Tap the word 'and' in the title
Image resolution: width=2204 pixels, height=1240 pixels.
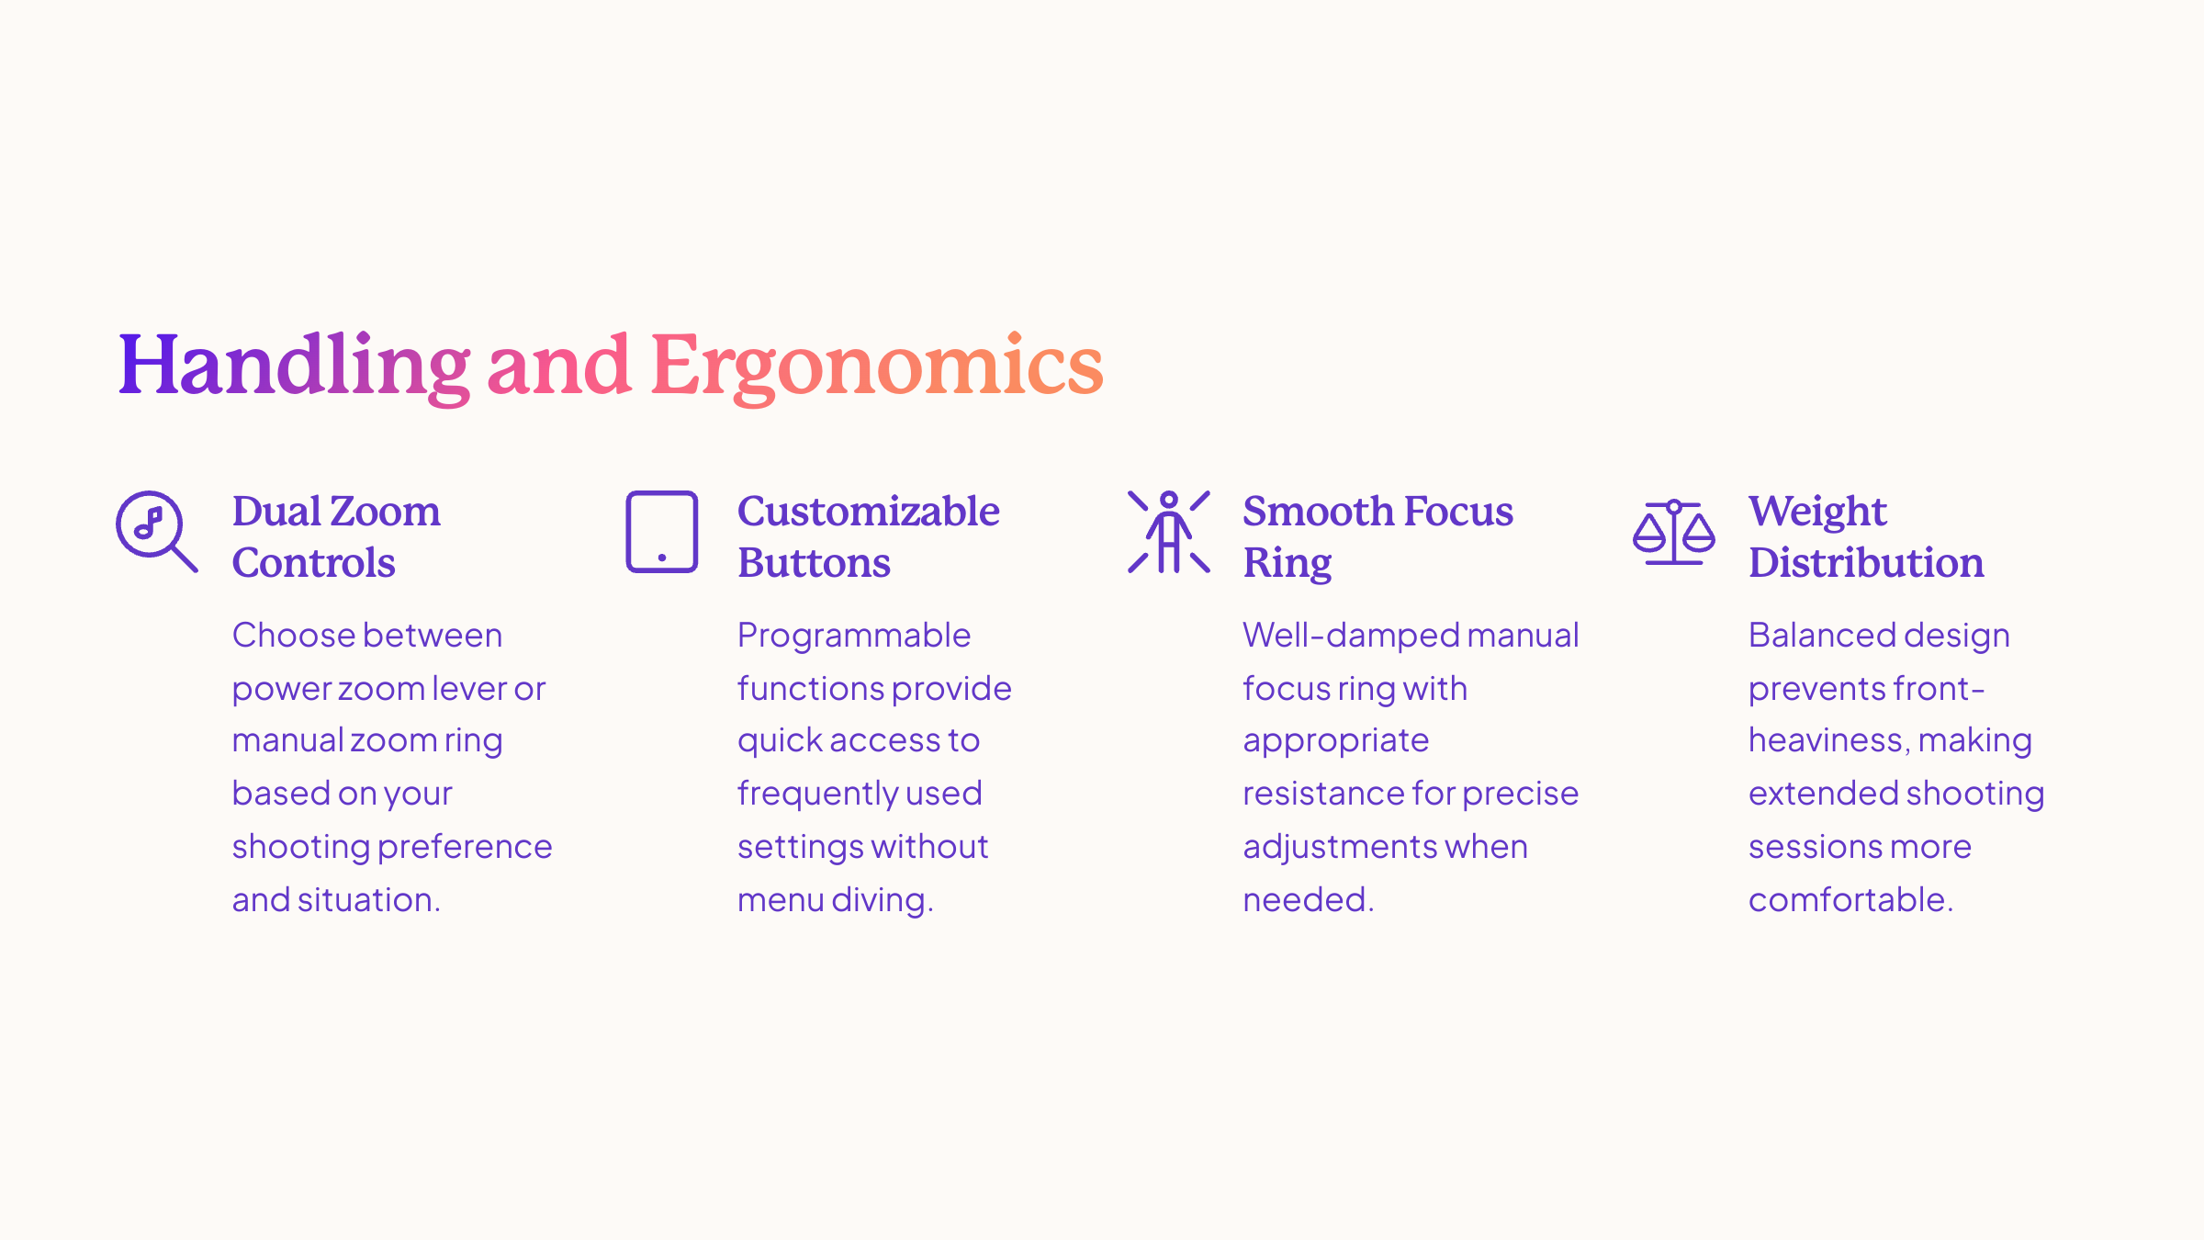(559, 366)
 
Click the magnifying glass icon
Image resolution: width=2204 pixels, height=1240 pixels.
(157, 531)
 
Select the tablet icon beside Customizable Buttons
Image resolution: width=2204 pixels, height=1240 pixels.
(662, 532)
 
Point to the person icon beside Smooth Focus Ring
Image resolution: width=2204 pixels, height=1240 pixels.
(1169, 532)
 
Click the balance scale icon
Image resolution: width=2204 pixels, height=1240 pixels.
(1674, 532)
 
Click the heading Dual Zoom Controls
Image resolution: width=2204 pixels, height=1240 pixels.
(336, 536)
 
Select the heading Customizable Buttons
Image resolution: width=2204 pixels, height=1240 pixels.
(869, 536)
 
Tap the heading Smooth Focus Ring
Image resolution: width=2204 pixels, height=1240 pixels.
(1377, 537)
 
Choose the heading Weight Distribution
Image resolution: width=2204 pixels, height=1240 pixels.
(1866, 536)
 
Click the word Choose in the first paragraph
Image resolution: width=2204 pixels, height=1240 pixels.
(289, 635)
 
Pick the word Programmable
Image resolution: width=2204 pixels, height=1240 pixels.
(854, 637)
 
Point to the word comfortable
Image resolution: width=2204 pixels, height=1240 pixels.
(1850, 899)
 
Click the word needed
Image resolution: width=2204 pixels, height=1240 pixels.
(1309, 899)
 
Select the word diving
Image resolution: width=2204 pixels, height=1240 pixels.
(882, 901)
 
